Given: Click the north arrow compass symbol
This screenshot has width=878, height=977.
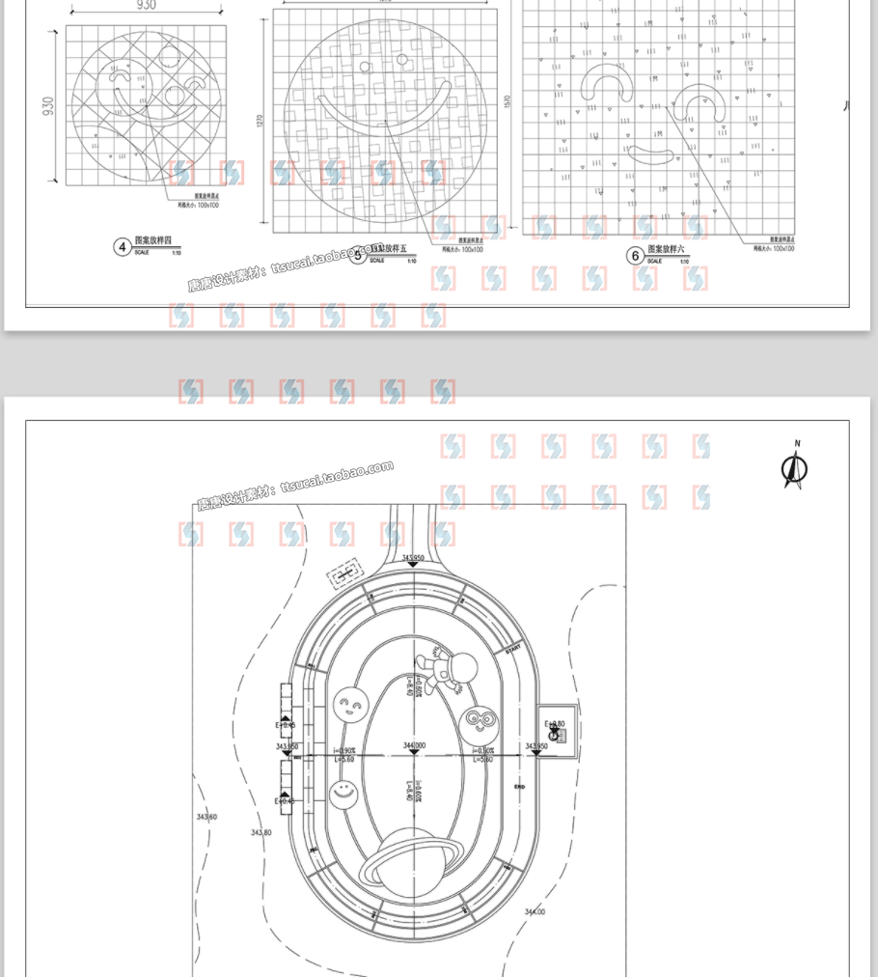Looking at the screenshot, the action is coord(794,468).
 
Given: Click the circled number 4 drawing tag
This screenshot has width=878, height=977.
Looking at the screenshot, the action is coord(123,247).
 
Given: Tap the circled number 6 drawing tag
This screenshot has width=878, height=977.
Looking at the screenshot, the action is coord(635,255).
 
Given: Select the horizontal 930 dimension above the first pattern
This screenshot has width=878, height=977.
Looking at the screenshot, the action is coord(145,6).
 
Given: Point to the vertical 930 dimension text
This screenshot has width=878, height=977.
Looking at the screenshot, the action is coord(48,105).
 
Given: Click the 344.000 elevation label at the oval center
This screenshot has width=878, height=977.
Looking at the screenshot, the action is coord(415,745).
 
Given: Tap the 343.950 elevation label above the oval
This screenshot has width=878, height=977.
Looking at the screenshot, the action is coord(414,558).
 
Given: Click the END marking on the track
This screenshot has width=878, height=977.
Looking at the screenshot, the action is coord(519,787).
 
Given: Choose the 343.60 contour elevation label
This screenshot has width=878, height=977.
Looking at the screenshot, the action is coord(206,817).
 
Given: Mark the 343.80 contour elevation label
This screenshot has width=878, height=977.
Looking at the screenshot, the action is coord(261,832).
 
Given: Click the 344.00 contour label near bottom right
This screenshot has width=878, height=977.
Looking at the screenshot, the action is coord(534,911).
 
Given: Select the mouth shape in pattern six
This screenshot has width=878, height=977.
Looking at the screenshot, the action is coord(651,154).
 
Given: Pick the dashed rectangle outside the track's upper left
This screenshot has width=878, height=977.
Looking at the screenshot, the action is coord(345,576).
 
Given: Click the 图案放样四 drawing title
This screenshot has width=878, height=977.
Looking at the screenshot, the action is coord(152,239).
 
